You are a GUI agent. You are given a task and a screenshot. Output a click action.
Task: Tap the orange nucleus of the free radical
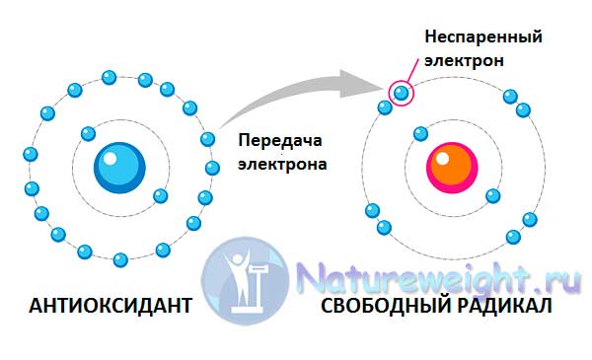click(452, 166)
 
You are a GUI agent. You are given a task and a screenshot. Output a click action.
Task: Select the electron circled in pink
click(400, 94)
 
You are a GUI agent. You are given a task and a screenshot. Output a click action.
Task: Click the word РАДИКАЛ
click(504, 307)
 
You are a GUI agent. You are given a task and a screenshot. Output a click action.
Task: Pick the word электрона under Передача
click(282, 164)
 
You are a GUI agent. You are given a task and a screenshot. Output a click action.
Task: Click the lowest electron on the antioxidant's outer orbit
click(120, 259)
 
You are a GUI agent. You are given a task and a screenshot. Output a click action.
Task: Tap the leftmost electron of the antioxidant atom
click(31, 155)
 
